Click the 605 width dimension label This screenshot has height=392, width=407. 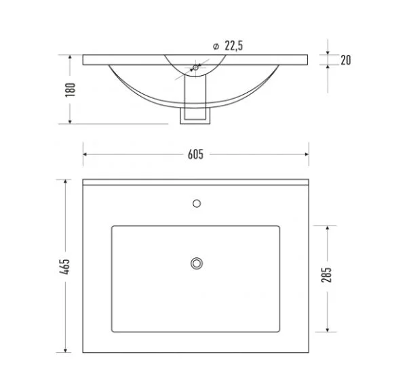[x=195, y=154]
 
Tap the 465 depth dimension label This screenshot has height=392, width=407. [x=64, y=266]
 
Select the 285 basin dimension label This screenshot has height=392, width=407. [x=326, y=275]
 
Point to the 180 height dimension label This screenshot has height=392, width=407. [x=70, y=90]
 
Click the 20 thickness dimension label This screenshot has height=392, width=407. [x=346, y=60]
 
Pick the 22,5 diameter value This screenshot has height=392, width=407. [x=233, y=45]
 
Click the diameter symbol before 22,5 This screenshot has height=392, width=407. [x=216, y=47]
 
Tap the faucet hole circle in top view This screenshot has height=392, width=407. [x=197, y=203]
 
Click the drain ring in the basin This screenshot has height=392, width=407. [x=197, y=263]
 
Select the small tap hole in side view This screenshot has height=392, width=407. [x=195, y=68]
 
